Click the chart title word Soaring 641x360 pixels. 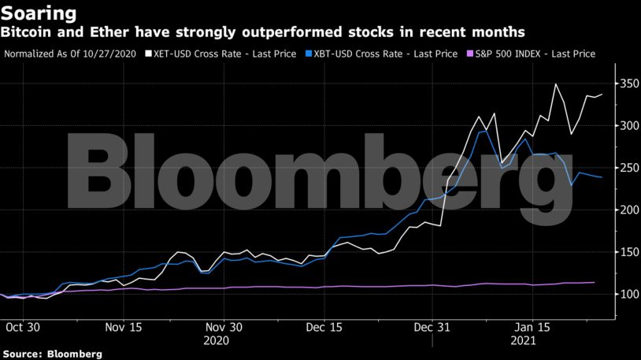39,13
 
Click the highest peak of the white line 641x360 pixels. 556,84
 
